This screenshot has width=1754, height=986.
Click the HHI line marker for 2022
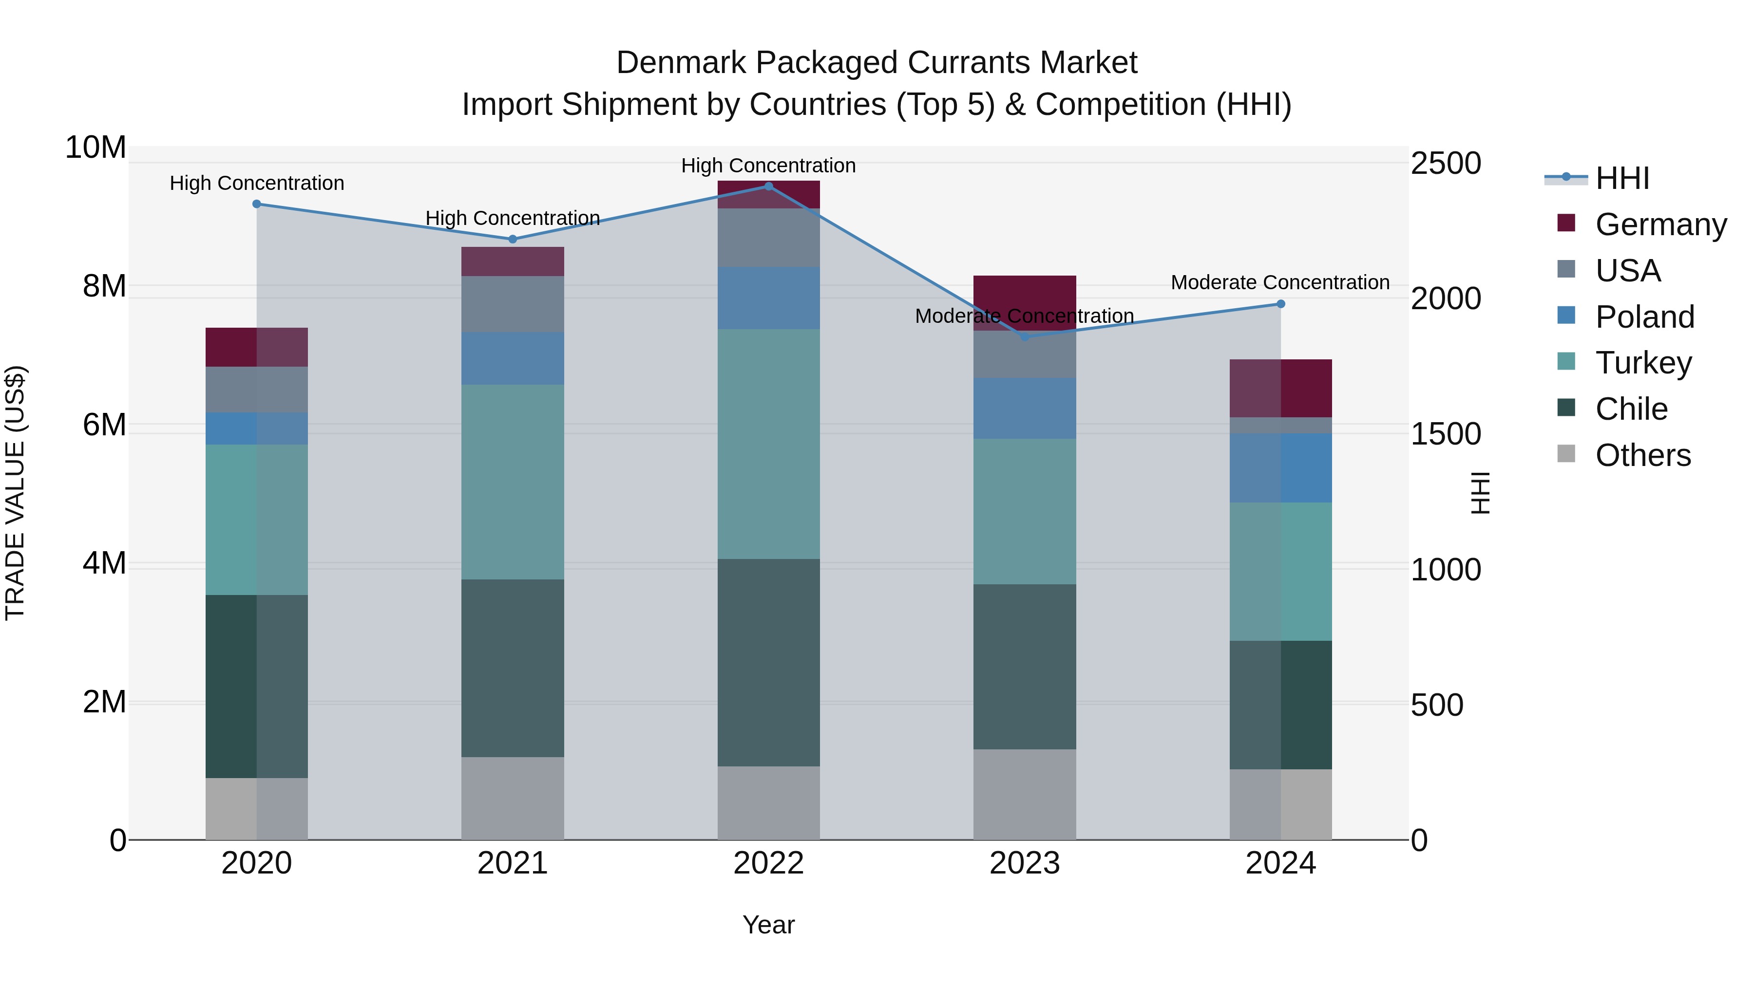769,186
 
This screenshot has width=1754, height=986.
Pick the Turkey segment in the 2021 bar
513,482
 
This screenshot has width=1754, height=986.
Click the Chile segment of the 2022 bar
769,662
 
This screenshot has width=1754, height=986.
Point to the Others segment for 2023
1025,794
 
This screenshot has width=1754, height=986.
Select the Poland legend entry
1644,317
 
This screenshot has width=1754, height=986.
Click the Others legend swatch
1566,454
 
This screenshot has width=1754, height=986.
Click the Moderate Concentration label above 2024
1280,282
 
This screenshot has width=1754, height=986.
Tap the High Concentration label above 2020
257,183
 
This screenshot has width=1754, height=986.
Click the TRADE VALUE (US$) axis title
15,493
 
